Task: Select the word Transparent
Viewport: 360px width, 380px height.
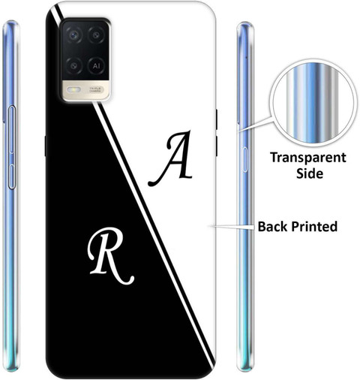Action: coord(308,158)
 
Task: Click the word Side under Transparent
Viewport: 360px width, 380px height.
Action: coord(310,173)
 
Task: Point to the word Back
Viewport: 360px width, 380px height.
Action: coord(273,227)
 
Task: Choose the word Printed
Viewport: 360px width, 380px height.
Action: coord(314,227)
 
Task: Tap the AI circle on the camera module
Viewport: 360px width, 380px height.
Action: coord(96,66)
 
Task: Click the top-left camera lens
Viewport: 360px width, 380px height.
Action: coord(74,35)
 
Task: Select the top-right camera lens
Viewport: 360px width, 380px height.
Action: coord(97,35)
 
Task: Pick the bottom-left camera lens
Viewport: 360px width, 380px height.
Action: coord(74,66)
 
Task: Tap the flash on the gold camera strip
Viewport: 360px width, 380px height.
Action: coord(73,89)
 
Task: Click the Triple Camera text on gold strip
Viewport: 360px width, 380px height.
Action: coord(95,89)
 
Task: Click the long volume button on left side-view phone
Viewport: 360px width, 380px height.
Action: coord(12,129)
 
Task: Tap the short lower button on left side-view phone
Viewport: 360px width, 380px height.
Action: coord(12,176)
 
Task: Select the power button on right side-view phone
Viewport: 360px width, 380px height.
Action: coord(245,160)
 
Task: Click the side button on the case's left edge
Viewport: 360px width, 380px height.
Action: coord(46,146)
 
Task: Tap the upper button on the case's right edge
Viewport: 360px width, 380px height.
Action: coord(217,119)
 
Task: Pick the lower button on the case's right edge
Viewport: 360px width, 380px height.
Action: coord(217,146)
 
